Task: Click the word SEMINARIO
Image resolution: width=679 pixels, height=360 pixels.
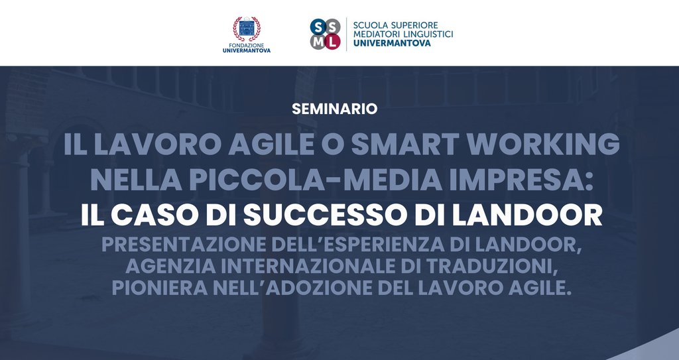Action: (334, 109)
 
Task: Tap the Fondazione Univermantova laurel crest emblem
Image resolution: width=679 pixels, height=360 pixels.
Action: (247, 29)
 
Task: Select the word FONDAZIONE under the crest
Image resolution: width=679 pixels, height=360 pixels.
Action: (247, 45)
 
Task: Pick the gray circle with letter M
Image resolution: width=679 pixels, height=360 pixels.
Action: (318, 42)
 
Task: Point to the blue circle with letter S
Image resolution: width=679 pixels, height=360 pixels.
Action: (318, 27)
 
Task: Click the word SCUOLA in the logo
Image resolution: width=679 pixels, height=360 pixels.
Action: (368, 25)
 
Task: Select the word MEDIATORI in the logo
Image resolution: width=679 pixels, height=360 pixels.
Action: (374, 34)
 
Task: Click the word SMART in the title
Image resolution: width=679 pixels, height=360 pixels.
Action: (405, 144)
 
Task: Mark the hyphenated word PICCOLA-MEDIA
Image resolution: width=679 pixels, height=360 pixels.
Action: (316, 180)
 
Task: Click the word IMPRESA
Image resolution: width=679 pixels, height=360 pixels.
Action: (522, 180)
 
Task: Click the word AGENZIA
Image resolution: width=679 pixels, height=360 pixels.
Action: (170, 267)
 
